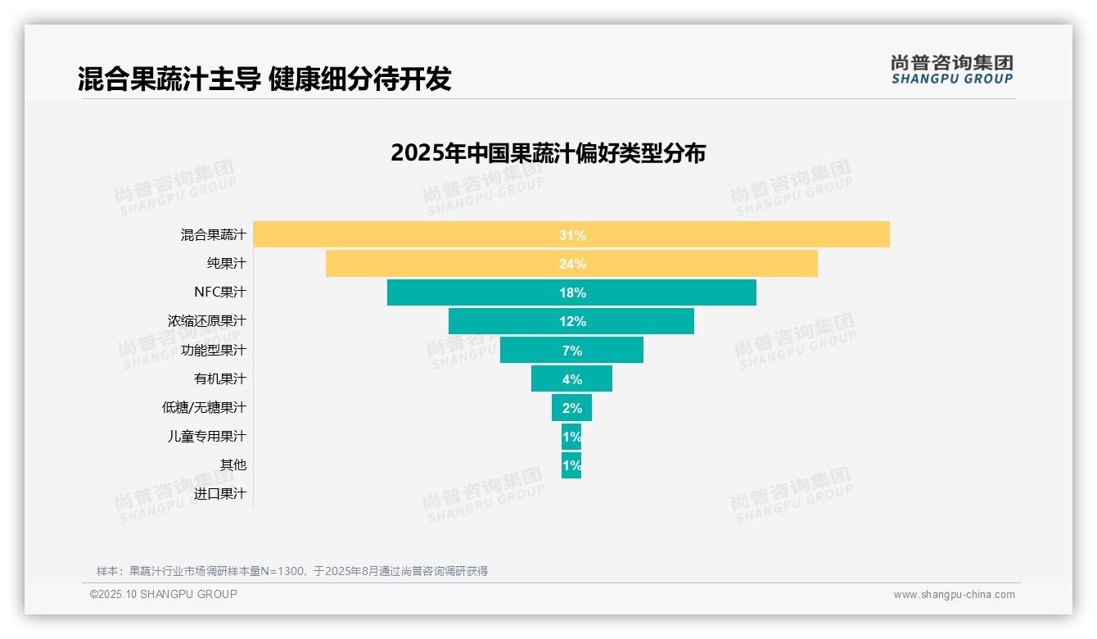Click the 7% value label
click(571, 351)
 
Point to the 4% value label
click(571, 379)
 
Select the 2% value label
click(571, 408)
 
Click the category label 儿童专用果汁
click(206, 436)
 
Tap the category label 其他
click(232, 465)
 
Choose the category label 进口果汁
click(219, 494)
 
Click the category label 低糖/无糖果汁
click(204, 407)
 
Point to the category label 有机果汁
click(219, 378)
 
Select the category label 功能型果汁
click(213, 350)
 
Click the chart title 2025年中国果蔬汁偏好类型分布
click(548, 153)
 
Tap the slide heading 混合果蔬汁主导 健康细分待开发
click(264, 79)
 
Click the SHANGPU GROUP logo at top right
click(951, 70)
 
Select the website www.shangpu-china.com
click(954, 595)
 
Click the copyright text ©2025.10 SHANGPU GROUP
click(164, 594)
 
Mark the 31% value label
click(571, 235)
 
